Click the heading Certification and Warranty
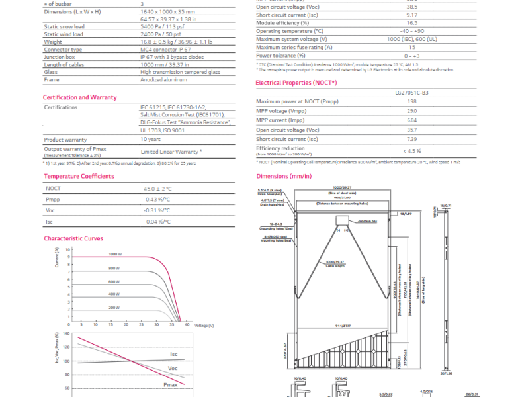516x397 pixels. [x=80, y=97]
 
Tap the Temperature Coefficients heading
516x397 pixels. [x=79, y=176]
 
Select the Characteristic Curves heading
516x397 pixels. [x=73, y=238]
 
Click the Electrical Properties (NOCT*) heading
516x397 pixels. [x=296, y=83]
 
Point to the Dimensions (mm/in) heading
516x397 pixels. [x=283, y=177]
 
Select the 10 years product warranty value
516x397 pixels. [x=151, y=140]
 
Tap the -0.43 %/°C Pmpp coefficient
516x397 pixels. [x=156, y=199]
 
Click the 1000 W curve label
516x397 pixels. [x=115, y=254]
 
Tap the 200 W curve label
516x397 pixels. [x=114, y=308]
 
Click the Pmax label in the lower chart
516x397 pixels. [x=170, y=384]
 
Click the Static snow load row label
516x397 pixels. [x=64, y=27]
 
